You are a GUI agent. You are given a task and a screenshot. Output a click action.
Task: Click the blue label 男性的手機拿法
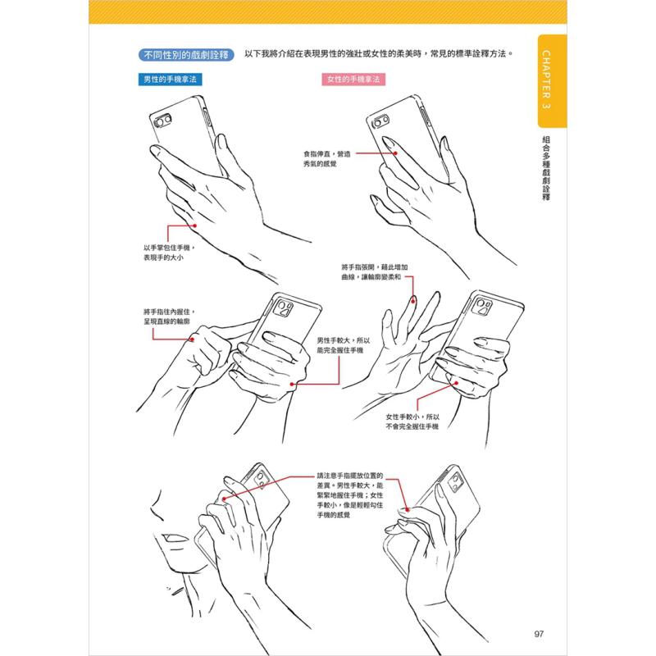(x=170, y=79)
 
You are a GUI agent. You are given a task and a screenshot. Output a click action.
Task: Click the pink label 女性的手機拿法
(x=353, y=79)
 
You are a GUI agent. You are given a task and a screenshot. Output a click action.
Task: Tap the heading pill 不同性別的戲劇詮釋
(x=186, y=55)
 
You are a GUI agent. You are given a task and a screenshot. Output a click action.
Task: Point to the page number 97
(x=539, y=633)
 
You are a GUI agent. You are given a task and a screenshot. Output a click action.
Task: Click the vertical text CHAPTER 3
(x=546, y=80)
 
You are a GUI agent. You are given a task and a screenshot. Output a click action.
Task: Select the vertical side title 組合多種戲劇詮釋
(x=546, y=168)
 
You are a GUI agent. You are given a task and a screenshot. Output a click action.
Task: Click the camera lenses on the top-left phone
(x=162, y=121)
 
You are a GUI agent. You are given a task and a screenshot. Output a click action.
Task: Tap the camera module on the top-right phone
(x=380, y=121)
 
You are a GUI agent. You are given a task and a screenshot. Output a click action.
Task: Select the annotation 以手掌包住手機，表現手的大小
(x=170, y=253)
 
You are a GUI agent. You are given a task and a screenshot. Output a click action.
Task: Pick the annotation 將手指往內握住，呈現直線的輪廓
(x=170, y=317)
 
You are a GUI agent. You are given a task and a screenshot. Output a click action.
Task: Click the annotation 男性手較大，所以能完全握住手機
(x=343, y=345)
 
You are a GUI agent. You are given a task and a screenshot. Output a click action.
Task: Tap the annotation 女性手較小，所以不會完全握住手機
(x=412, y=421)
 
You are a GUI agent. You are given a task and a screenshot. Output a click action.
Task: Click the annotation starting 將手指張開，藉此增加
(x=375, y=272)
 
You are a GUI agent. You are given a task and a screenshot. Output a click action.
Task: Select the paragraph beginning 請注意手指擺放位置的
(x=350, y=495)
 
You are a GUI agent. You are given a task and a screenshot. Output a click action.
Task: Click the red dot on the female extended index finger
(x=395, y=153)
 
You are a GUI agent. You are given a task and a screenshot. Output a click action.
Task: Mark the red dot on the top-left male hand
(x=195, y=226)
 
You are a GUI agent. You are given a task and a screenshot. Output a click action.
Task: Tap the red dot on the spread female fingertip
(x=413, y=300)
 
